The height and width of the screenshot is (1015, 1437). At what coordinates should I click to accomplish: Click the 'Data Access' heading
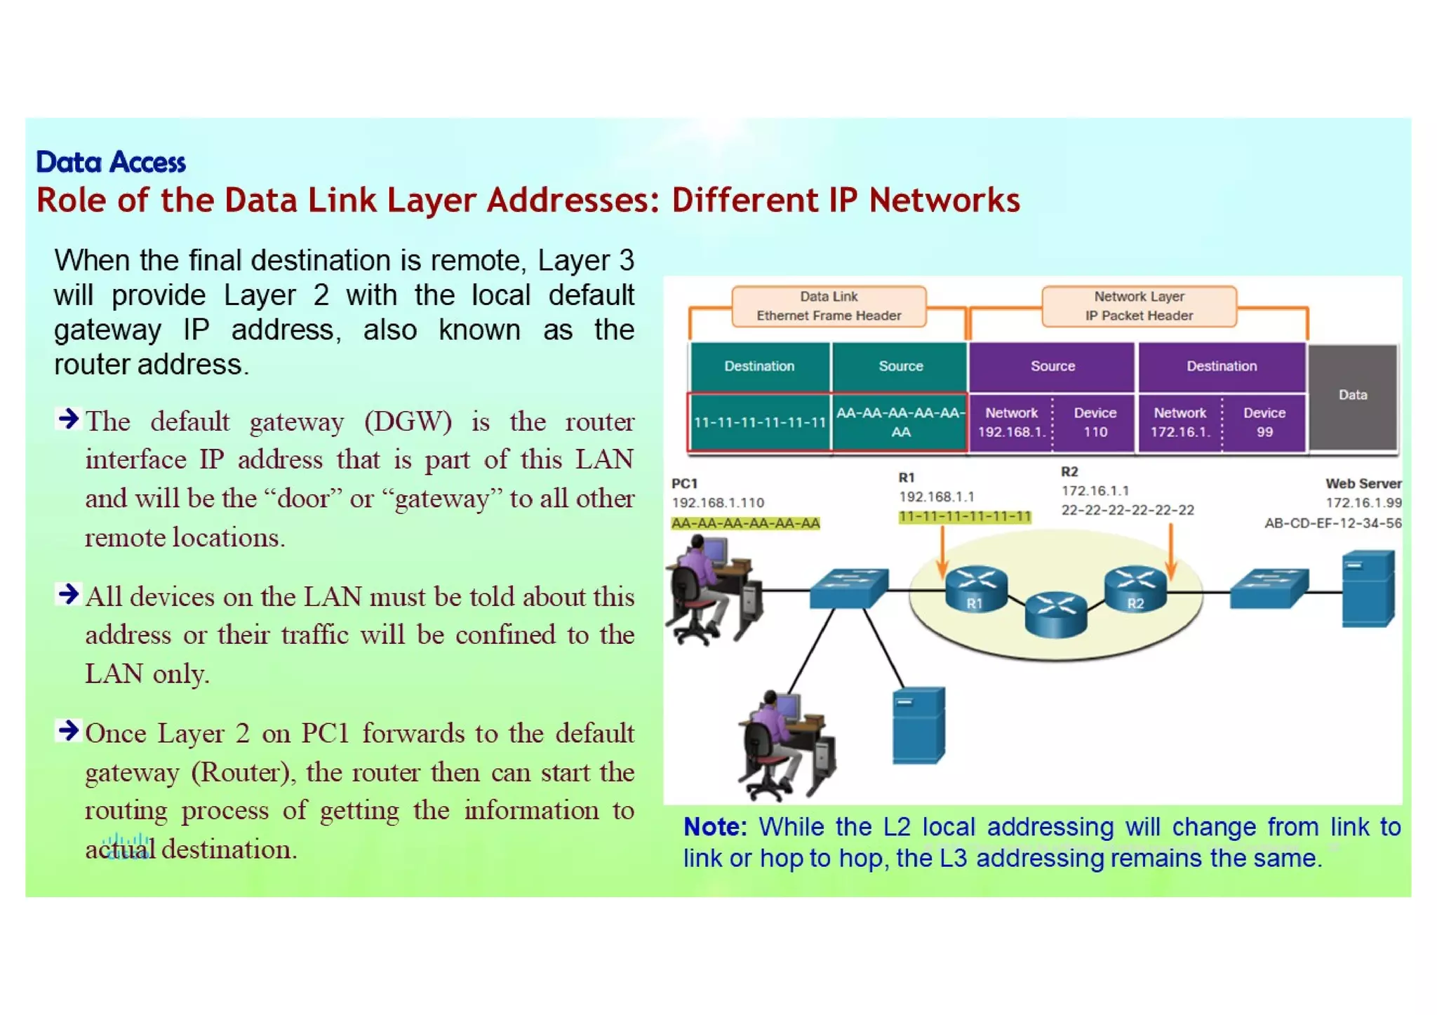(111, 162)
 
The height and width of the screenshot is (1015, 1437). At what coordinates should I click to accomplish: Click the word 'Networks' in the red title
(944, 201)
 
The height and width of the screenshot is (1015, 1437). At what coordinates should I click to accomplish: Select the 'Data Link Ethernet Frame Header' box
(828, 306)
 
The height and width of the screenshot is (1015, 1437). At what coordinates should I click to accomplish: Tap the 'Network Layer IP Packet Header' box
(1138, 306)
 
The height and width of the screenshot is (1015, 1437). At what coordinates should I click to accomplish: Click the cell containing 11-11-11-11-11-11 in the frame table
(759, 422)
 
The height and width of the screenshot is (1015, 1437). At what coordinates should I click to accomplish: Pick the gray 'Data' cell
(1352, 396)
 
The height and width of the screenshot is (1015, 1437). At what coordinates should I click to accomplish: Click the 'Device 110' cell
(1095, 422)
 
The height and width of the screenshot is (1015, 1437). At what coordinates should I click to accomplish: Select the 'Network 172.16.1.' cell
(1179, 422)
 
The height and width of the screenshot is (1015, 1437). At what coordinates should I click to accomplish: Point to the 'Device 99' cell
(1264, 422)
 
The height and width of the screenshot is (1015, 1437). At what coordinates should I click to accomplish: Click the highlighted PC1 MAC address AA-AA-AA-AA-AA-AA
(745, 523)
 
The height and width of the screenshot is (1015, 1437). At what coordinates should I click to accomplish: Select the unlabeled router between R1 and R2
(1055, 614)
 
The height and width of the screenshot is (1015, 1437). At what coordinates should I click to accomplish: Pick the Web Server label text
(1362, 483)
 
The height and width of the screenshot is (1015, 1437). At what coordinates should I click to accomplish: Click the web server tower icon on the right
(1368, 588)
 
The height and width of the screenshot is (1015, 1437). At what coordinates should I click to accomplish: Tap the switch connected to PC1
(849, 588)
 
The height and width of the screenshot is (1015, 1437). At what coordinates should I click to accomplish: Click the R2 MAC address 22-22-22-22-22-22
(1127, 510)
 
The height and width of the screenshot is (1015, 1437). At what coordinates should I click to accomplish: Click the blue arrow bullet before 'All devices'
(68, 594)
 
